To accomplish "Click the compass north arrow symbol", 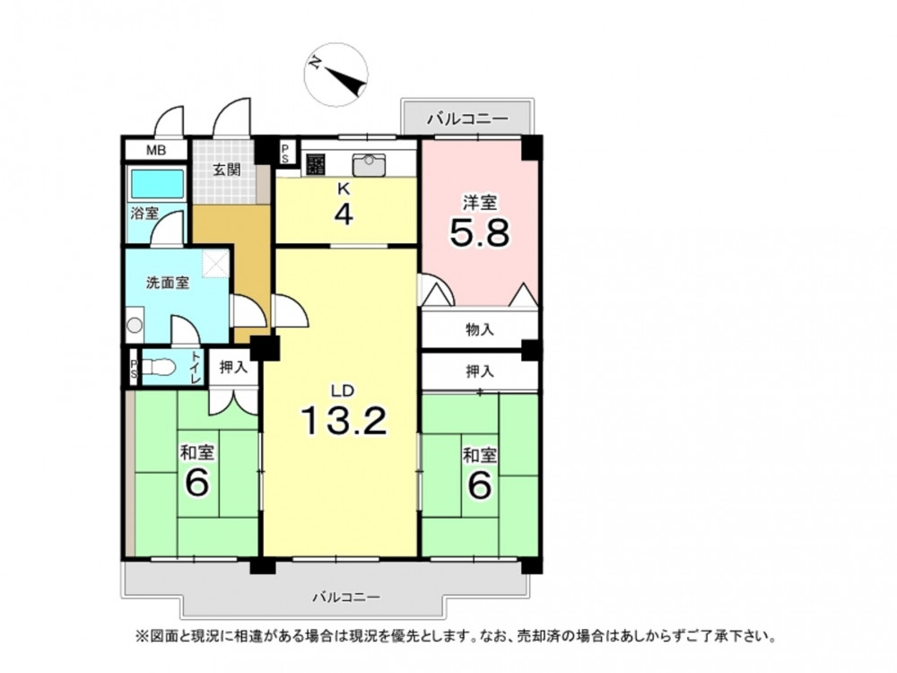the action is pyautogui.click(x=335, y=75).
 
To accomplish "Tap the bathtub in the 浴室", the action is pyautogui.click(x=158, y=183).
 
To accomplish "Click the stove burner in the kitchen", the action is pyautogui.click(x=316, y=165).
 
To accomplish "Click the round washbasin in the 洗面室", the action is pyautogui.click(x=135, y=325).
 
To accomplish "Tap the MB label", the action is pyautogui.click(x=155, y=151).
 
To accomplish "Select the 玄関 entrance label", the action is pyautogui.click(x=227, y=170).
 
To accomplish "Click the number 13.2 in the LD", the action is pyautogui.click(x=344, y=421).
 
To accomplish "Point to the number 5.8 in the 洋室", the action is pyautogui.click(x=479, y=233).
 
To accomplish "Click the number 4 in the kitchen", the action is pyautogui.click(x=344, y=214).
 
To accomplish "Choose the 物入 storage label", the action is pyautogui.click(x=479, y=329).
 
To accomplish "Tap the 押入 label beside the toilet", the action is pyautogui.click(x=233, y=367).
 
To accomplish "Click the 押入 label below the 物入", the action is pyautogui.click(x=479, y=372).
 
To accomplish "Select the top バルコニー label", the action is pyautogui.click(x=468, y=119).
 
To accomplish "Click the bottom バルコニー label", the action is pyautogui.click(x=345, y=598).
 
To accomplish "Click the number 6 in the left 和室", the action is pyautogui.click(x=196, y=485).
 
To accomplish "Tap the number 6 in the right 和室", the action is pyautogui.click(x=479, y=485).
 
